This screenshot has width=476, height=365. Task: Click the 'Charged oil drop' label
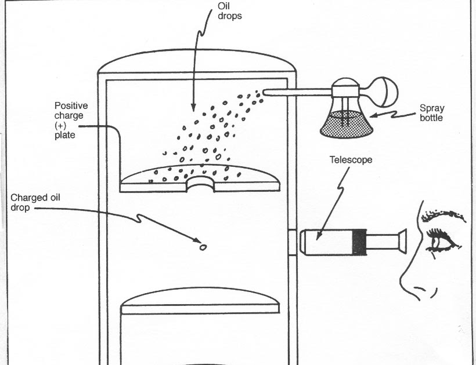35,202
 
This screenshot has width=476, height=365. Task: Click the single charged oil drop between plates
204,247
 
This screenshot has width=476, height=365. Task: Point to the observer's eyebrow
444,216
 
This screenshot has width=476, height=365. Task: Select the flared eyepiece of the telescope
400,241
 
